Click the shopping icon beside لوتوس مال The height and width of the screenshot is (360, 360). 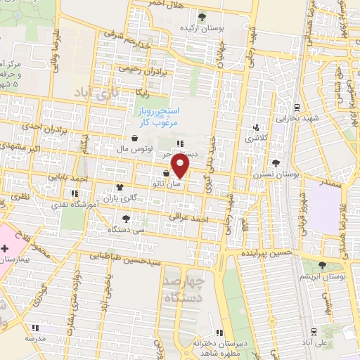(x=134, y=139)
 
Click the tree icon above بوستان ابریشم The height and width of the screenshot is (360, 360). (x=322, y=264)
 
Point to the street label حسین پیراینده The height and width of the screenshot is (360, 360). (x=266, y=252)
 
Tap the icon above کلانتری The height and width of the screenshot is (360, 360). (x=257, y=128)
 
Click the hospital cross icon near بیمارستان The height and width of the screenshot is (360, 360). (x=5, y=248)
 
